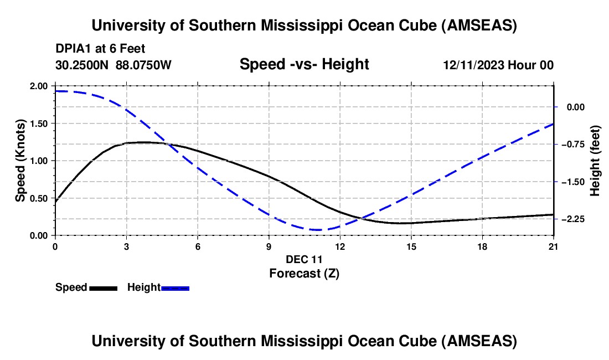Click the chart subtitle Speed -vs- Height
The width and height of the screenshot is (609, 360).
pos(304,64)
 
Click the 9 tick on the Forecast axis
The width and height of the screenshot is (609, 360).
pos(269,246)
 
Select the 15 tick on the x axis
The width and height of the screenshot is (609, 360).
pos(411,246)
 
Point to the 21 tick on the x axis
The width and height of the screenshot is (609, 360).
pos(554,246)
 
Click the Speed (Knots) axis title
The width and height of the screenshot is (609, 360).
pos(20,161)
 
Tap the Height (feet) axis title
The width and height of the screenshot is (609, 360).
pos(595,161)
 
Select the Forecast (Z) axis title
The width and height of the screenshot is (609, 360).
pos(304,273)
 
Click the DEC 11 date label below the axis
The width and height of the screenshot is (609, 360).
pos(304,259)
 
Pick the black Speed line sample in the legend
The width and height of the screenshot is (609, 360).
pos(103,287)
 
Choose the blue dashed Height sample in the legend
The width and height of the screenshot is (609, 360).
pos(175,287)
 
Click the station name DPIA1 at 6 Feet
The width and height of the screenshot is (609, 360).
pos(100,49)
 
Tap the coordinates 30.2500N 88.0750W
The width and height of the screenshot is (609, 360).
pos(113,65)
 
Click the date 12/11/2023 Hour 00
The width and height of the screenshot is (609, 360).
pos(498,65)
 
